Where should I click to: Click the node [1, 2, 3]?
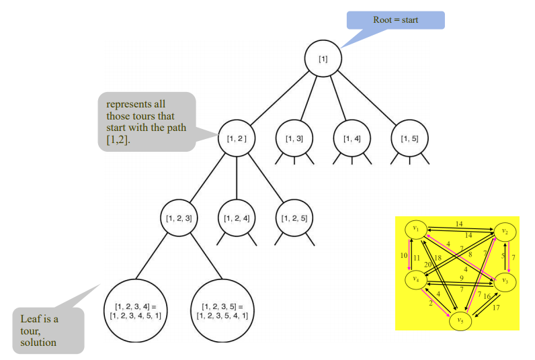tap(179, 218)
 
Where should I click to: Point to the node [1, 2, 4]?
tap(237, 218)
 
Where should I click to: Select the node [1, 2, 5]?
tap(293, 218)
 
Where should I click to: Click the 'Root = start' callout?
tap(395, 20)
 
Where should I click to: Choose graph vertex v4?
tap(417, 278)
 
